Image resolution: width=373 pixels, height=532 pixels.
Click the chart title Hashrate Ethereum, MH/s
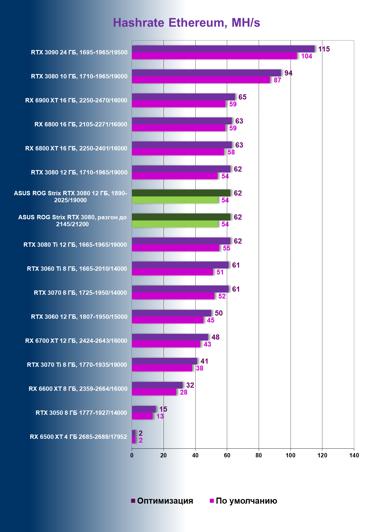[x=186, y=23]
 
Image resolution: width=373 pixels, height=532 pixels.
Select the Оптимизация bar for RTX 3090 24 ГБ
[x=223, y=49]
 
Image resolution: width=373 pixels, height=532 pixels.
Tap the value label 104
[x=306, y=56]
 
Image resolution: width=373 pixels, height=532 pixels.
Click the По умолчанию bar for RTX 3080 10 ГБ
[x=201, y=80]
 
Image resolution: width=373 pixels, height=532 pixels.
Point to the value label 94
[x=288, y=73]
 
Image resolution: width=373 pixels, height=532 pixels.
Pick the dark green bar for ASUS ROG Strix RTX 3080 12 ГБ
[x=181, y=193]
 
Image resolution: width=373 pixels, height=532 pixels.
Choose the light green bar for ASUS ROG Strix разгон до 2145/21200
[x=175, y=224]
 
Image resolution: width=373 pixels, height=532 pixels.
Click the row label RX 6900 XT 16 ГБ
[x=76, y=100]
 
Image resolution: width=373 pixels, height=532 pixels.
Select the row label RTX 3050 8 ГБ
[x=81, y=413]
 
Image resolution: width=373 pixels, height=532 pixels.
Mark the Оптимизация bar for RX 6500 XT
[x=133, y=433]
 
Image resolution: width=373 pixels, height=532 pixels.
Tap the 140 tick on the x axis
[x=354, y=455]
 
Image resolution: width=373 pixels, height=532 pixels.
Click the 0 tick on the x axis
[x=132, y=455]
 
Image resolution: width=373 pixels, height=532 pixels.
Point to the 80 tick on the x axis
[x=259, y=455]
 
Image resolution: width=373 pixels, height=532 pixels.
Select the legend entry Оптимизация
[x=162, y=501]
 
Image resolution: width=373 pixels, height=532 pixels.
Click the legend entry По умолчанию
[x=243, y=501]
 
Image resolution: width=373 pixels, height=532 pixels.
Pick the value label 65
[x=242, y=97]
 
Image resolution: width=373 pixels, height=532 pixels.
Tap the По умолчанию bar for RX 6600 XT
[x=154, y=392]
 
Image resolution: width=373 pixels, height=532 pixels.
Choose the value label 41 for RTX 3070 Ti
[x=204, y=361]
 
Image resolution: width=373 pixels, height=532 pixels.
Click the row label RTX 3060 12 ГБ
[x=79, y=317]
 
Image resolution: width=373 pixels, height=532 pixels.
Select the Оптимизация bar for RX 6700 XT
[x=170, y=337]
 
